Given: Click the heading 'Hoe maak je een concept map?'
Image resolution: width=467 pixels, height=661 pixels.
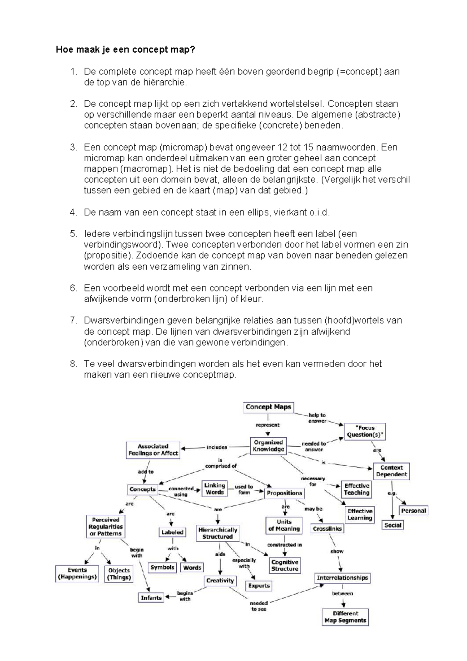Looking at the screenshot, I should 125,50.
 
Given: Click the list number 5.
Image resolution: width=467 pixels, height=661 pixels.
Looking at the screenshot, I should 73,234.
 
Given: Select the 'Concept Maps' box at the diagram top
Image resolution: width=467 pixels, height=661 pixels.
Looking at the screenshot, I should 268,407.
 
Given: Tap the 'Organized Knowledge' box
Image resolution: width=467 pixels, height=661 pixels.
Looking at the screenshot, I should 268,446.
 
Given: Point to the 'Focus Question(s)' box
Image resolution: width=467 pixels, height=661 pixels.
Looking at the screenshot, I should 365,431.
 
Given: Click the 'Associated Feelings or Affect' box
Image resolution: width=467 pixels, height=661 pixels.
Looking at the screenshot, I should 153,450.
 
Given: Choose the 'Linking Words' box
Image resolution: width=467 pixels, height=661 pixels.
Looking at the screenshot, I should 215,489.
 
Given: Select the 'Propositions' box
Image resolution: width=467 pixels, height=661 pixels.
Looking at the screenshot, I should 284,493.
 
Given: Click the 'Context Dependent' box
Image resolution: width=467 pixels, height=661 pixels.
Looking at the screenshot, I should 391,471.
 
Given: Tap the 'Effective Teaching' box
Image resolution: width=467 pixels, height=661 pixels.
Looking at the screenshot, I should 356,489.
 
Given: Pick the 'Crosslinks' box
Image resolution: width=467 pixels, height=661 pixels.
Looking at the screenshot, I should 327,529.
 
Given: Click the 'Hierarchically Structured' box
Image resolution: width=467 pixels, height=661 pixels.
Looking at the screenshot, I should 218,533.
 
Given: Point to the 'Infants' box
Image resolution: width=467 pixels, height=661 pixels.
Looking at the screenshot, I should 151,598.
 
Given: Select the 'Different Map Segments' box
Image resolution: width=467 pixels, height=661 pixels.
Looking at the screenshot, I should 345,617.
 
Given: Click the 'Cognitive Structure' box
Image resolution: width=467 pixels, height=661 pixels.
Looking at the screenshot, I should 284,566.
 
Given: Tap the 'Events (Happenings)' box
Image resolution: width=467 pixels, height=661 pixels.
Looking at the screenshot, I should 77,574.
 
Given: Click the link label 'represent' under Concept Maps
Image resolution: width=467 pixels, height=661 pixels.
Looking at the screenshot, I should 267,425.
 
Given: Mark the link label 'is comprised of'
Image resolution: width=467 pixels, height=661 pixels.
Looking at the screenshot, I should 221,463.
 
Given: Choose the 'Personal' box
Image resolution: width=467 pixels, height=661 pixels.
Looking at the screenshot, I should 413,511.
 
